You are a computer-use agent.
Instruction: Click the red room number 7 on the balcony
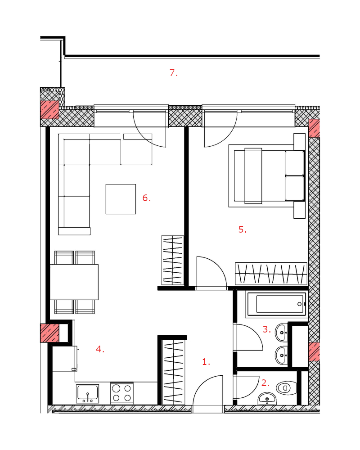(173, 73)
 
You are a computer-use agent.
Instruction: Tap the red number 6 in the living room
(146, 198)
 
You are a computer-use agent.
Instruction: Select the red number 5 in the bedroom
(243, 229)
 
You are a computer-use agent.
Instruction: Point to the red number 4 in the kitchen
(100, 349)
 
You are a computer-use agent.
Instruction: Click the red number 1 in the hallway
(206, 362)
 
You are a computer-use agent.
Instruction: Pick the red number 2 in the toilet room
(265, 383)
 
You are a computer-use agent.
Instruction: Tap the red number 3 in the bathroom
(267, 329)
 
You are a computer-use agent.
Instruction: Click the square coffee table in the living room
(121, 199)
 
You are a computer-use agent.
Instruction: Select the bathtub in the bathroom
(276, 304)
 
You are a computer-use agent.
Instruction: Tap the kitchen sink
(88, 394)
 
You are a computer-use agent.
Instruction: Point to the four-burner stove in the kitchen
(121, 393)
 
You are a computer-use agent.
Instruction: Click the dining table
(74, 282)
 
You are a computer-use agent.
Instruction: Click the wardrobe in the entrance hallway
(173, 372)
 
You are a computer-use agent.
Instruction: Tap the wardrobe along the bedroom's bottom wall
(271, 274)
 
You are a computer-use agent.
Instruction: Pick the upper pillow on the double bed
(295, 163)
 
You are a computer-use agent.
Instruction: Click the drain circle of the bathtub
(299, 304)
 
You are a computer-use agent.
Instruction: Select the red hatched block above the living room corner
(49, 109)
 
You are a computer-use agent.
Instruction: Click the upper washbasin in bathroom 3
(281, 333)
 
